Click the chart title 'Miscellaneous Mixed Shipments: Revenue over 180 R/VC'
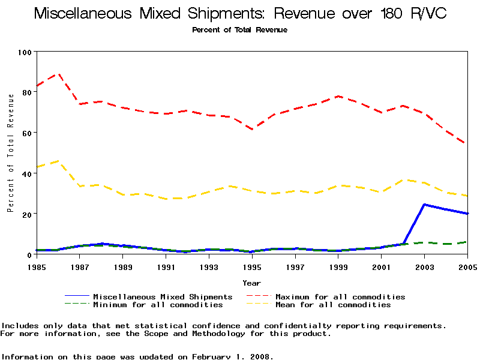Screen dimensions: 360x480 240,14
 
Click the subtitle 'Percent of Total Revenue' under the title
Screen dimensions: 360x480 240,30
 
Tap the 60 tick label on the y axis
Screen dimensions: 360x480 26,133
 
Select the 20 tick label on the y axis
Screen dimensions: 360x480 26,214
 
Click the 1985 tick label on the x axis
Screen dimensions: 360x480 37,266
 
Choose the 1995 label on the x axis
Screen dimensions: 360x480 253,266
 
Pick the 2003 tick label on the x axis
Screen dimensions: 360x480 425,266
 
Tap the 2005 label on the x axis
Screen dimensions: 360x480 467,266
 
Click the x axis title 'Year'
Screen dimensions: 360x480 252,283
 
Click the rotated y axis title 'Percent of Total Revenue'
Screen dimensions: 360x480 11,162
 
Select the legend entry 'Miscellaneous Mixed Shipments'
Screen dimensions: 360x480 163,297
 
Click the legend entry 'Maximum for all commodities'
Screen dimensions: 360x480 340,297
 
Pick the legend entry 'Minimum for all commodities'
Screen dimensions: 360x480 158,305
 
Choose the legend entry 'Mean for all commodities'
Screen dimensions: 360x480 333,305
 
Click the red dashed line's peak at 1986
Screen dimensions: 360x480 58,74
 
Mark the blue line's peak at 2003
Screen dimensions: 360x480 425,205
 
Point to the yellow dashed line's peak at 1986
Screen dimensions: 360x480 58,161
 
